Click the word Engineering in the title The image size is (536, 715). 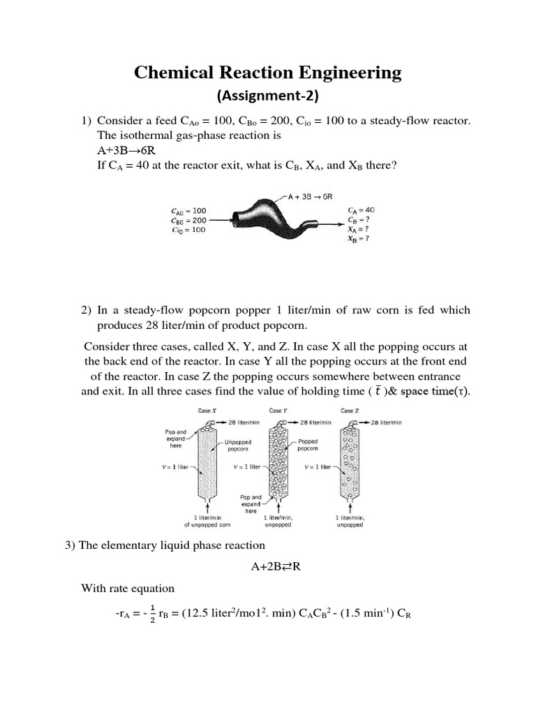tap(346, 72)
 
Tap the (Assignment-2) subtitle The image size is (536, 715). tap(268, 96)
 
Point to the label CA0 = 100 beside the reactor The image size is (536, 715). tap(188, 210)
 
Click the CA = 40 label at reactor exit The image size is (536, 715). tap(361, 209)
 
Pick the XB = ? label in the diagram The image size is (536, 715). tap(358, 238)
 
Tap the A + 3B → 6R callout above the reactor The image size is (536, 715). tap(315, 197)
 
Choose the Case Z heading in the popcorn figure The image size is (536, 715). tap(348, 411)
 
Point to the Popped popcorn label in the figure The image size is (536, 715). tap(308, 445)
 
